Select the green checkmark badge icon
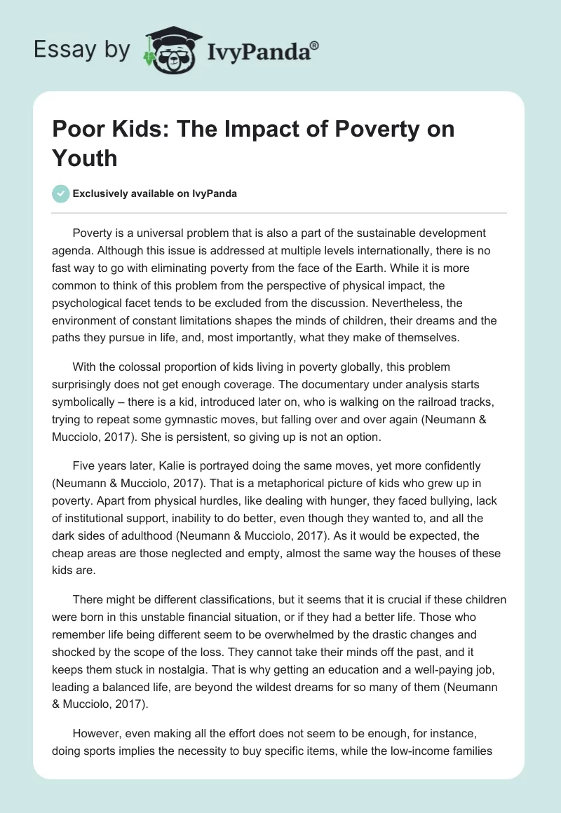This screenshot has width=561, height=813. [x=61, y=193]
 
